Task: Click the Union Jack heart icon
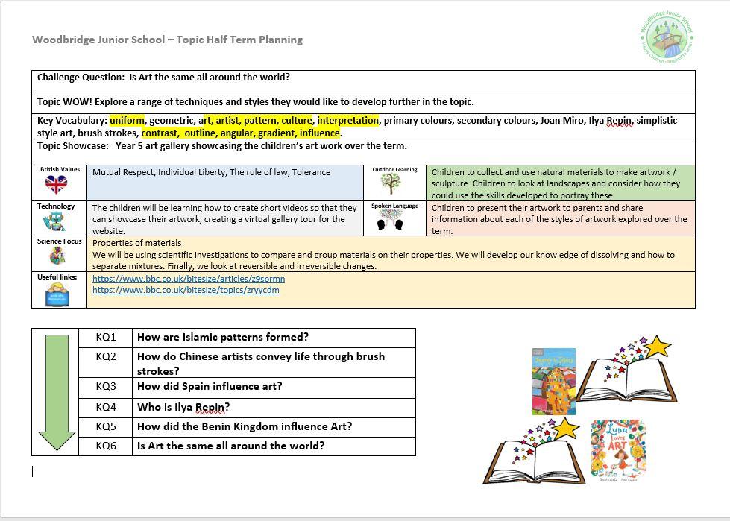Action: (56, 185)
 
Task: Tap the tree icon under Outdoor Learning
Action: (391, 183)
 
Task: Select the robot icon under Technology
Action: (54, 221)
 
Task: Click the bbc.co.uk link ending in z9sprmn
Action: (189, 279)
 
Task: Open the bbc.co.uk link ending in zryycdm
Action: (186, 290)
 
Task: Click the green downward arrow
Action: (57, 392)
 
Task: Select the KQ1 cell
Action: (106, 338)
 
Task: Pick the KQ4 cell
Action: (106, 407)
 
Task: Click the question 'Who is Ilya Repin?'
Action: (183, 407)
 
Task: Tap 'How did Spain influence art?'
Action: (210, 387)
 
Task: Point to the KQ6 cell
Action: (106, 446)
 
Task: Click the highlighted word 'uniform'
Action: (127, 121)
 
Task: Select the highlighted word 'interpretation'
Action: (348, 121)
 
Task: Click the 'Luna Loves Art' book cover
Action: (618, 448)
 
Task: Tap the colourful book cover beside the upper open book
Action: (553, 381)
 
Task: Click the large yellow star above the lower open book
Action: (567, 428)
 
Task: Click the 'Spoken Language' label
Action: (394, 206)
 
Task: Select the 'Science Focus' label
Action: (60, 241)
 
